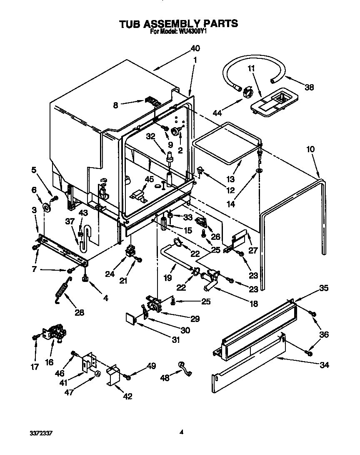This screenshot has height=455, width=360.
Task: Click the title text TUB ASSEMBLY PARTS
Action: point(179,23)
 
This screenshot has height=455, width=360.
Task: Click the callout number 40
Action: point(195,48)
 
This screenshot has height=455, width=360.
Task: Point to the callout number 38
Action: point(308,87)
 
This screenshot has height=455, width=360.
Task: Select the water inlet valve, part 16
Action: point(56,334)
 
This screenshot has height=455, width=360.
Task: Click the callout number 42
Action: point(127,396)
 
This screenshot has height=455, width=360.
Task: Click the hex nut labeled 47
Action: point(97,373)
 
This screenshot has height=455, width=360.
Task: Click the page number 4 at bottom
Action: point(181,432)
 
